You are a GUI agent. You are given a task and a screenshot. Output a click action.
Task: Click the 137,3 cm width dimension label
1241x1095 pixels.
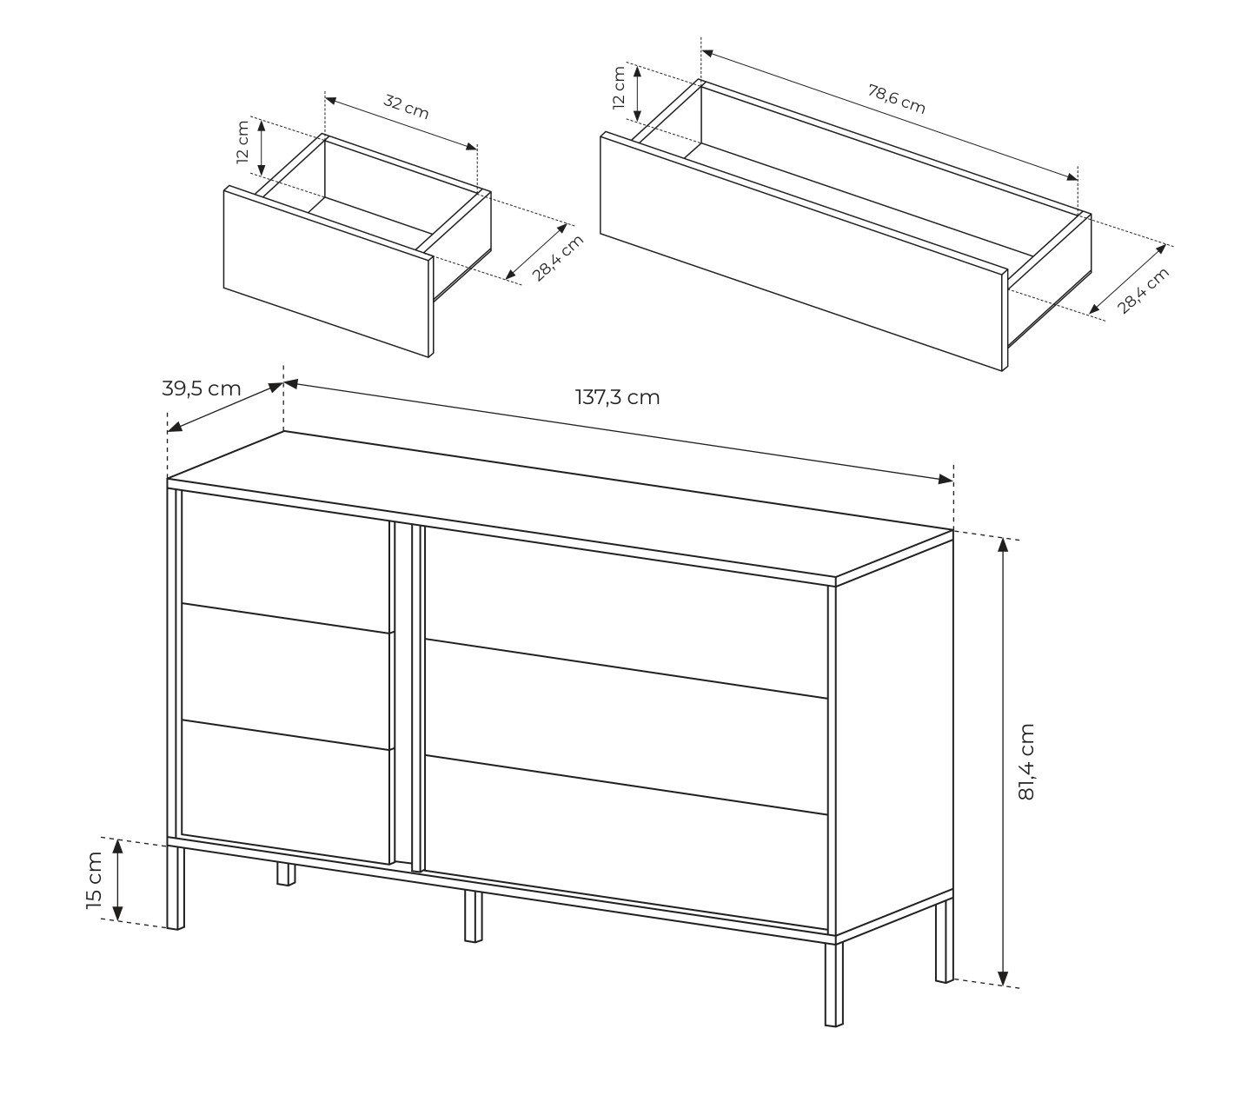(x=617, y=398)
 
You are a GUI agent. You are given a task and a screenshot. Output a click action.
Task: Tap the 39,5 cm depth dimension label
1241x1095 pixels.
(x=201, y=388)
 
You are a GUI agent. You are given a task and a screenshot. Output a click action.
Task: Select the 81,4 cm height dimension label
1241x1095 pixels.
(x=1025, y=761)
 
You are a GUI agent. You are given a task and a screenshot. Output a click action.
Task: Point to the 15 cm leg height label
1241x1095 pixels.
(x=94, y=880)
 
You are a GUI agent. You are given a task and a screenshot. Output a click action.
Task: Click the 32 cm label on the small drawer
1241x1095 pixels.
(x=406, y=107)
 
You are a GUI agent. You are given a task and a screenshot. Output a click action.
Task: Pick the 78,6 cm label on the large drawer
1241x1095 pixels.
(x=896, y=99)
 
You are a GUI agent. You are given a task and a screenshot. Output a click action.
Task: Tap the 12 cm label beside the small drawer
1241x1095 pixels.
(x=242, y=143)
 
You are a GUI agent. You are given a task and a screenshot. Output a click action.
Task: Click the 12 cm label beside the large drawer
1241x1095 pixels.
(x=619, y=88)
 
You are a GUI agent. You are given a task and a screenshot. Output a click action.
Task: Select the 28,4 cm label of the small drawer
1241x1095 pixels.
(x=556, y=258)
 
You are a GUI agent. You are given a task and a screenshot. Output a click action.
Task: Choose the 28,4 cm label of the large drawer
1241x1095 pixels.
(x=1143, y=291)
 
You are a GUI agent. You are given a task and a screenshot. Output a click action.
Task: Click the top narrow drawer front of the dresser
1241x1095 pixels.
(x=285, y=561)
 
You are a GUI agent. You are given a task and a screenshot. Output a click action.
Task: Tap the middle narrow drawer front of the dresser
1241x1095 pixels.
(x=285, y=676)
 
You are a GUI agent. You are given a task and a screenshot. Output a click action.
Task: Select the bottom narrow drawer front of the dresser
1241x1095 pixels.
(x=285, y=793)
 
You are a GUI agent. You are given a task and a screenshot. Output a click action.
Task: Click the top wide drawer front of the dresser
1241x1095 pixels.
(x=626, y=611)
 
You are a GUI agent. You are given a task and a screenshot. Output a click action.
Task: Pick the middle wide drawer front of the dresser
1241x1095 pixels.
(x=626, y=727)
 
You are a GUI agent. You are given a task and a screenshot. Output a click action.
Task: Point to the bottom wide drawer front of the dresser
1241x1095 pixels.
(x=626, y=843)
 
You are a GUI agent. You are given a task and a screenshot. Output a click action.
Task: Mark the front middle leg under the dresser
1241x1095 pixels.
(x=473, y=916)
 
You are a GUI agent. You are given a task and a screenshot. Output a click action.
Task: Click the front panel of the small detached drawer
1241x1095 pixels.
(x=328, y=271)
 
